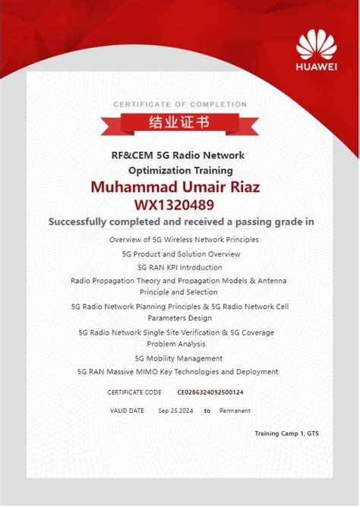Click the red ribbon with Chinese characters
(180, 122)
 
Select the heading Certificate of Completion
(180, 104)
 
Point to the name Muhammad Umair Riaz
(180, 187)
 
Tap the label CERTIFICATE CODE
(134, 392)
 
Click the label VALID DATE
(126, 411)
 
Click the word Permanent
(235, 411)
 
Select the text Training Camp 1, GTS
(286, 433)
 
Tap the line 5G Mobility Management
(178, 358)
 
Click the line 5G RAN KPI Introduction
(180, 267)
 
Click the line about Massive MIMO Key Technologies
(178, 372)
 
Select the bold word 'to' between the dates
(207, 411)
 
